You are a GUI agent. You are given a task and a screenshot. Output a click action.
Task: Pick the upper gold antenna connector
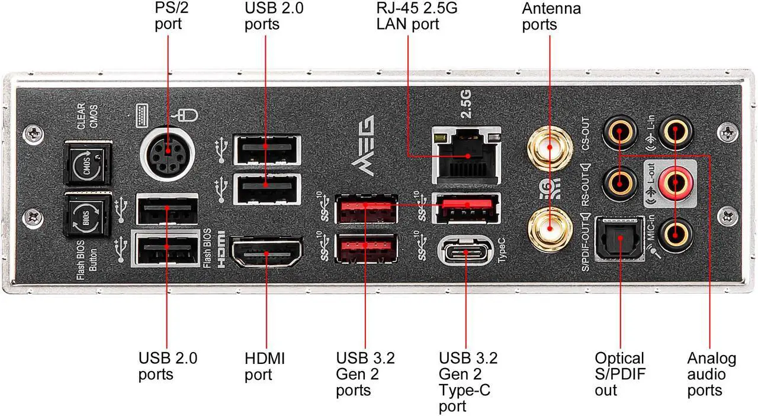pos(550,146)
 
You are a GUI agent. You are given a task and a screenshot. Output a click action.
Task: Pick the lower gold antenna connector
pos(550,229)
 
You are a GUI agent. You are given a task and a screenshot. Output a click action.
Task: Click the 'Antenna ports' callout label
pos(551,16)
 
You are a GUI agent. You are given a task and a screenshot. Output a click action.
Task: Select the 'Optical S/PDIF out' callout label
pos(620,374)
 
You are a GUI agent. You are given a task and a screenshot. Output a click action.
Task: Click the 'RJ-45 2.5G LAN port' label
pos(417,16)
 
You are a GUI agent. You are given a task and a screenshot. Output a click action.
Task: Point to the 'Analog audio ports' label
pos(711,374)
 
